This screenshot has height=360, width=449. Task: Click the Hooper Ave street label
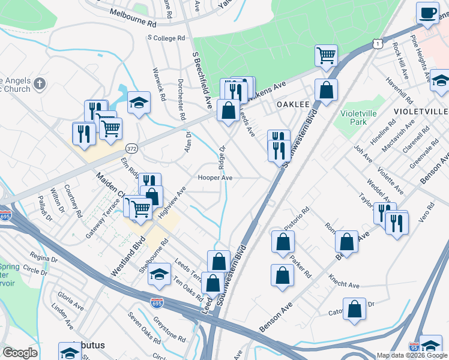click(x=215, y=178)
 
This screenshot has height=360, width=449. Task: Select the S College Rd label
click(x=166, y=38)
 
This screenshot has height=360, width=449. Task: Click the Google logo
click(x=20, y=353)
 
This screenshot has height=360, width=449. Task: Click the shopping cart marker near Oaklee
click(x=325, y=56)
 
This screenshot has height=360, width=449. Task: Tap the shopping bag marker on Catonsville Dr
click(x=355, y=309)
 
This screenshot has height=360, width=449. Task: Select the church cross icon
click(x=40, y=83)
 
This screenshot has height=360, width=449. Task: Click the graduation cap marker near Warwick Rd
click(x=139, y=103)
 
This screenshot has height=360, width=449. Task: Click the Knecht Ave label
click(x=343, y=281)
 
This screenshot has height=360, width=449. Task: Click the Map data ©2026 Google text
click(x=412, y=355)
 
